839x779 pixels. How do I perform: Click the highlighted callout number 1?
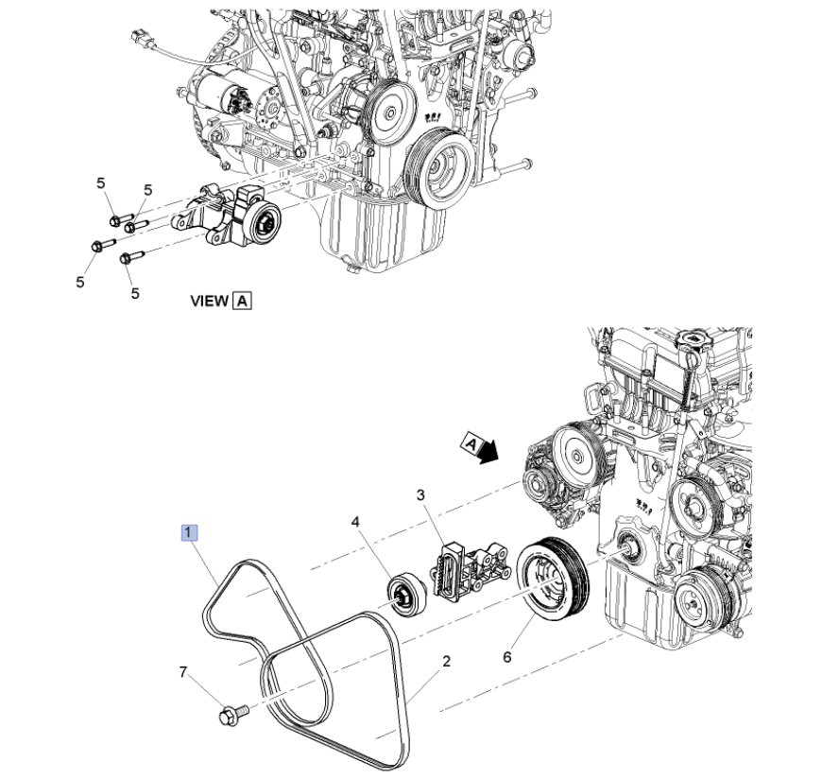pyautogui.click(x=189, y=533)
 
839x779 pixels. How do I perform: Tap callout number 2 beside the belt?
pyautogui.click(x=446, y=661)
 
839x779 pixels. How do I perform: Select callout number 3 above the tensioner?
pyautogui.click(x=420, y=494)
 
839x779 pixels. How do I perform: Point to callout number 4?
pyautogui.click(x=356, y=521)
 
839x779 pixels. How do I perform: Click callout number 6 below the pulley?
pyautogui.click(x=506, y=657)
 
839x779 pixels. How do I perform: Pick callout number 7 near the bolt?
pyautogui.click(x=183, y=672)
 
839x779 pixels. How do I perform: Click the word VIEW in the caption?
pyautogui.click(x=210, y=301)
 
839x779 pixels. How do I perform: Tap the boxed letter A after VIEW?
pyautogui.click(x=243, y=301)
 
